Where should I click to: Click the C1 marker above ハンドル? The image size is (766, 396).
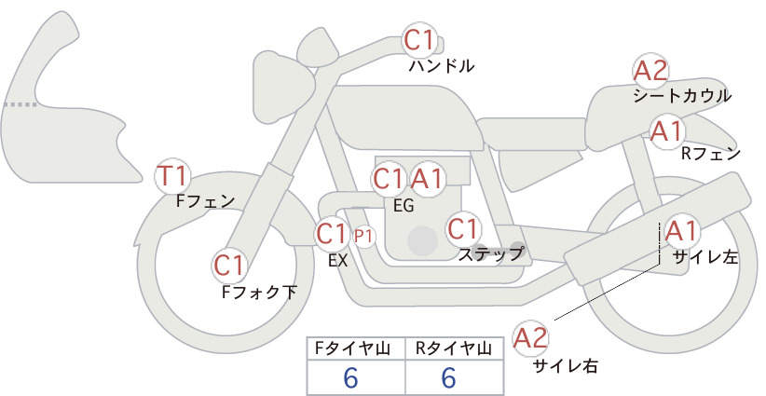click(419, 40)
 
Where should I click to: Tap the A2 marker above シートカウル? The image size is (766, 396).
click(650, 72)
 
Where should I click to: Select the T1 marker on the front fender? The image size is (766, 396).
click(172, 176)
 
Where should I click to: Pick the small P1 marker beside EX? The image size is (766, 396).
click(363, 237)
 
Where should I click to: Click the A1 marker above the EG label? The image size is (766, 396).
click(427, 179)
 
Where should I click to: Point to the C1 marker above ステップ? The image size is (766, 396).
click(462, 229)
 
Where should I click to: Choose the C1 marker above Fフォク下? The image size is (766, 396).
click(229, 266)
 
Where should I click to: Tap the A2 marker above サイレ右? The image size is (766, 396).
click(530, 338)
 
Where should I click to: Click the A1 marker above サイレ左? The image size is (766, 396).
click(680, 232)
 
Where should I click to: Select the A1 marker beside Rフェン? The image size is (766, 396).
click(667, 131)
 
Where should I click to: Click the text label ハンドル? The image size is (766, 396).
click(441, 65)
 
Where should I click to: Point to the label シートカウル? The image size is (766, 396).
click(682, 96)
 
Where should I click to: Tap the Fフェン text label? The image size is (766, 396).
click(205, 200)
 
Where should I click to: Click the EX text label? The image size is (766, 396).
click(338, 261)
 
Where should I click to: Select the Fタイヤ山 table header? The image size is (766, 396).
click(352, 348)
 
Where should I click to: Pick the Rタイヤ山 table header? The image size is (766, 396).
click(453, 348)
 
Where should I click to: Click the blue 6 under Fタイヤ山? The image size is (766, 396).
click(350, 377)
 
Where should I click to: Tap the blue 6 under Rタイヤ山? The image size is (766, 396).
click(448, 377)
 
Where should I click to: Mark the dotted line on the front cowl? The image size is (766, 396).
click(20, 104)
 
